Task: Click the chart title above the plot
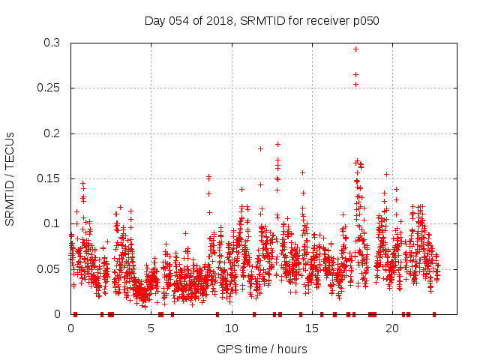coord(262,20)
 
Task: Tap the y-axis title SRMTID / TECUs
coord(10,178)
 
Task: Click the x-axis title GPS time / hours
coord(262,349)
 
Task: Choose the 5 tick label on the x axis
coord(151,328)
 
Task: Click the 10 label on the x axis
coord(231,328)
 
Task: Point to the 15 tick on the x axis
coord(311,328)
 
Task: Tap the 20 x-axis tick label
coord(391,328)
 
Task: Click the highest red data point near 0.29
coord(355,49)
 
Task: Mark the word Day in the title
coord(154,20)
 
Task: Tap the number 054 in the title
coord(180,20)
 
